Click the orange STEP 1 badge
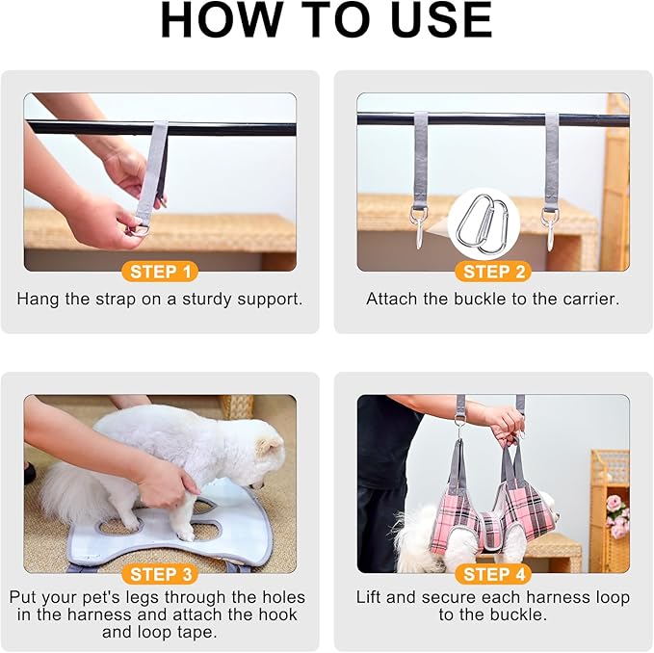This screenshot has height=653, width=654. click(x=160, y=272)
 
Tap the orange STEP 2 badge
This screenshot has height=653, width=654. click(x=493, y=272)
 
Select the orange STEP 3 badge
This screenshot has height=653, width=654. click(x=160, y=574)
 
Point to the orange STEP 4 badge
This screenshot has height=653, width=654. click(x=493, y=574)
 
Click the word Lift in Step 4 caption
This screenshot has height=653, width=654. click(x=369, y=597)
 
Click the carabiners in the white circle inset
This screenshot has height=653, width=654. click(x=484, y=224)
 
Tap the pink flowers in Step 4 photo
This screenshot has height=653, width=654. click(x=616, y=515)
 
